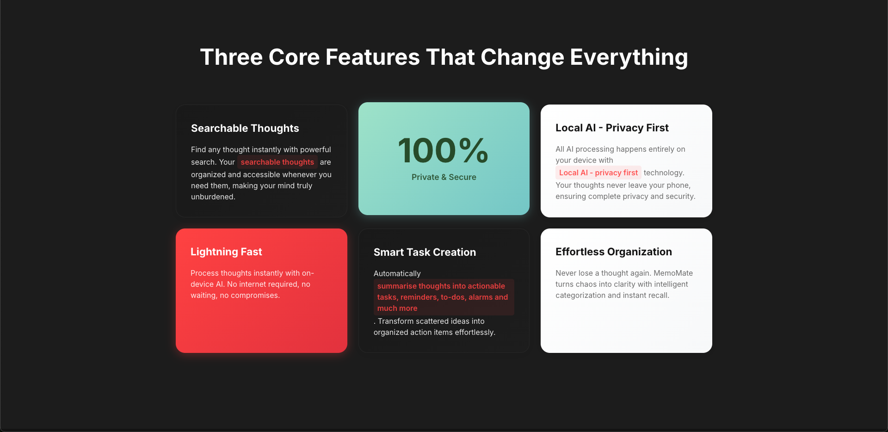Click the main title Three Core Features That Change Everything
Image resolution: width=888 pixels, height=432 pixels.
[444, 57]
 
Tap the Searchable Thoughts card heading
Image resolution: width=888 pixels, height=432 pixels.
[245, 128]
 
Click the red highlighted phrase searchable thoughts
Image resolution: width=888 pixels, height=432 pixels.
[277, 162]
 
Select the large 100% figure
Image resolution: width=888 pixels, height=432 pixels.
[443, 150]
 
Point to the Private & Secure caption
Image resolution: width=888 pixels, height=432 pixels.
[444, 177]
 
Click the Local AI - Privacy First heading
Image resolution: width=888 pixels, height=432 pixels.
[612, 128]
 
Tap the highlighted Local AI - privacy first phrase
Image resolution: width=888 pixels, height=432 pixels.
[598, 173]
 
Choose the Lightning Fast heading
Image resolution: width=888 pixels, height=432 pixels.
[226, 252]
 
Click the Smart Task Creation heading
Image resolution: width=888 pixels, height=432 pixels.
[425, 252]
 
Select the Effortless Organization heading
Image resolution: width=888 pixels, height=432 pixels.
[614, 252]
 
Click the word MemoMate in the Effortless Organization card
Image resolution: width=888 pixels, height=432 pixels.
[673, 273]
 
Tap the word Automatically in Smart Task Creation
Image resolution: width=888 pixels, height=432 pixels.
[397, 273]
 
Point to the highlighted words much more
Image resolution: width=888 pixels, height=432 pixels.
[397, 308]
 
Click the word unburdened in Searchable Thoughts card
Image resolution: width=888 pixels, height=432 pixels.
[212, 197]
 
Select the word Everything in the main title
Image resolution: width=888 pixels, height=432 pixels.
[629, 57]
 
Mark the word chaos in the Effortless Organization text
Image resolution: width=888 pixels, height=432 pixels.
[586, 284]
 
